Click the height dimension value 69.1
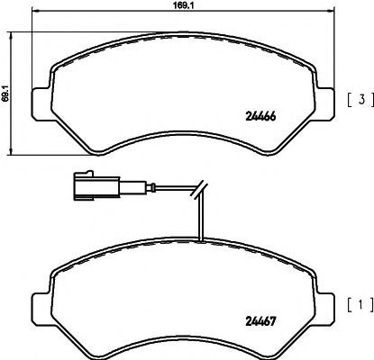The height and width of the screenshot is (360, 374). [x=5, y=93]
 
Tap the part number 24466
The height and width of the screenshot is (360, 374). [x=260, y=116]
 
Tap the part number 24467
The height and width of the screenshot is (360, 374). [x=260, y=322]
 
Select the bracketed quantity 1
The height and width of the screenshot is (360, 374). [x=360, y=305]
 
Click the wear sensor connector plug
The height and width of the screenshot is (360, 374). [x=97, y=186]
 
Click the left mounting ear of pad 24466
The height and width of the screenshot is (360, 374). [x=41, y=103]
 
